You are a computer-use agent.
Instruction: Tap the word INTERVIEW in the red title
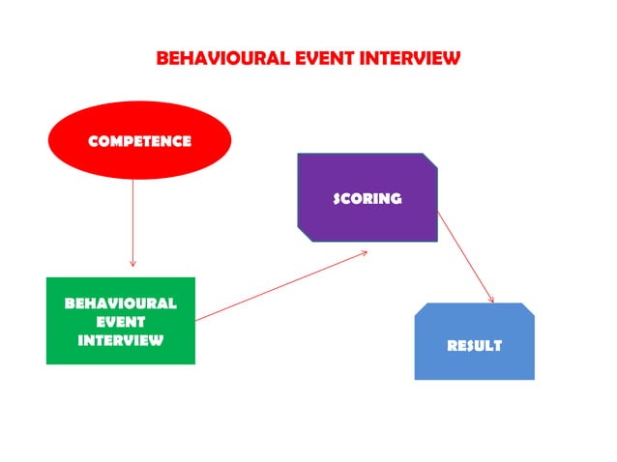[x=410, y=58]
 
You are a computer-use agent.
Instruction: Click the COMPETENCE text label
[x=139, y=141]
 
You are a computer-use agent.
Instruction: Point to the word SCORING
[x=367, y=199]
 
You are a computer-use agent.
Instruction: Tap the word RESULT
[x=474, y=345]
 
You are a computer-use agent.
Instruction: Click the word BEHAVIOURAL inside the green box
[x=121, y=303]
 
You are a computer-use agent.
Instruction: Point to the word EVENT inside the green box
[x=121, y=322]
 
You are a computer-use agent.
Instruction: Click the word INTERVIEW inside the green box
[x=121, y=340]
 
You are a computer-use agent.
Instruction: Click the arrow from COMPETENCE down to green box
[x=132, y=222]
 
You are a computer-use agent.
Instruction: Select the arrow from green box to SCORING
[x=280, y=286]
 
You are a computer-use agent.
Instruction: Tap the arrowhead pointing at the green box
[x=132, y=263]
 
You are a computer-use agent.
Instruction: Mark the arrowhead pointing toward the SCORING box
[x=365, y=253]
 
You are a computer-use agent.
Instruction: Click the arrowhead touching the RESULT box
[x=491, y=300]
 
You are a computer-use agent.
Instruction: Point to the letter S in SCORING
[x=338, y=199]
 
